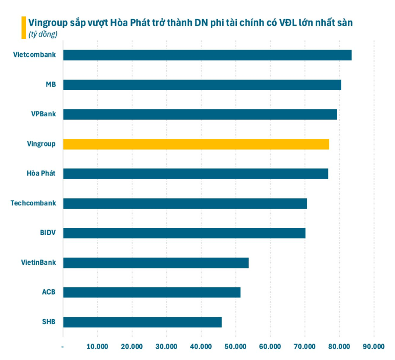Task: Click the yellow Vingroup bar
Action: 196,144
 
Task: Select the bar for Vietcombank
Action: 207,55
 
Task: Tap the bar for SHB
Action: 142,322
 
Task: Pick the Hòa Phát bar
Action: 195,174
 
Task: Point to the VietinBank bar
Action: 156,263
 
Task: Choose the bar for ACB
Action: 151,292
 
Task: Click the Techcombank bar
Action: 185,203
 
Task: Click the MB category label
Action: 51,84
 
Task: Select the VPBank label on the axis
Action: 43,114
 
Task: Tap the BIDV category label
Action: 48,232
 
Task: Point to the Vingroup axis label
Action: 41,144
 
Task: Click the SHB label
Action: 49,322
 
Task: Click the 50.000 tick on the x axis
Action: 235,346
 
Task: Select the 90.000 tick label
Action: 374,346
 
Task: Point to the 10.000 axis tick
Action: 97,346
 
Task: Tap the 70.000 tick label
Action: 304,346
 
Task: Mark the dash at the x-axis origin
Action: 62,346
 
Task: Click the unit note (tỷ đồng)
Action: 43,34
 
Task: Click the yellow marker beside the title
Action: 24,28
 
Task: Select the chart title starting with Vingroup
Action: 190,22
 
